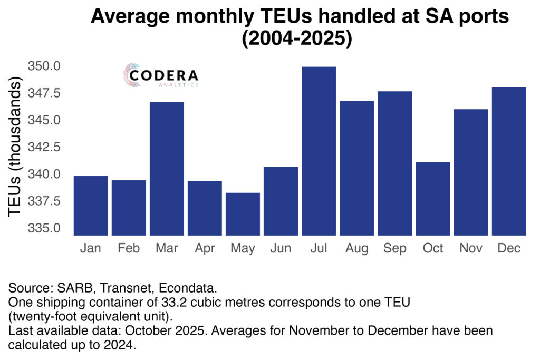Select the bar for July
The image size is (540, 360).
click(x=319, y=151)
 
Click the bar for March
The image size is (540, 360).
click(x=167, y=169)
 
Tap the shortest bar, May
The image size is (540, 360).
click(x=243, y=214)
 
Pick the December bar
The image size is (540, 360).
click(x=508, y=161)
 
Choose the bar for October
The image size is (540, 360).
click(x=432, y=199)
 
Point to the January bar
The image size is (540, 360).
click(x=91, y=206)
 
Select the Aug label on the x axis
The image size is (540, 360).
click(x=356, y=248)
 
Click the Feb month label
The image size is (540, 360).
click(x=129, y=248)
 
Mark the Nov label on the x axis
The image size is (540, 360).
click(x=470, y=248)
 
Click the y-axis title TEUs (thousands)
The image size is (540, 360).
click(x=15, y=148)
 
